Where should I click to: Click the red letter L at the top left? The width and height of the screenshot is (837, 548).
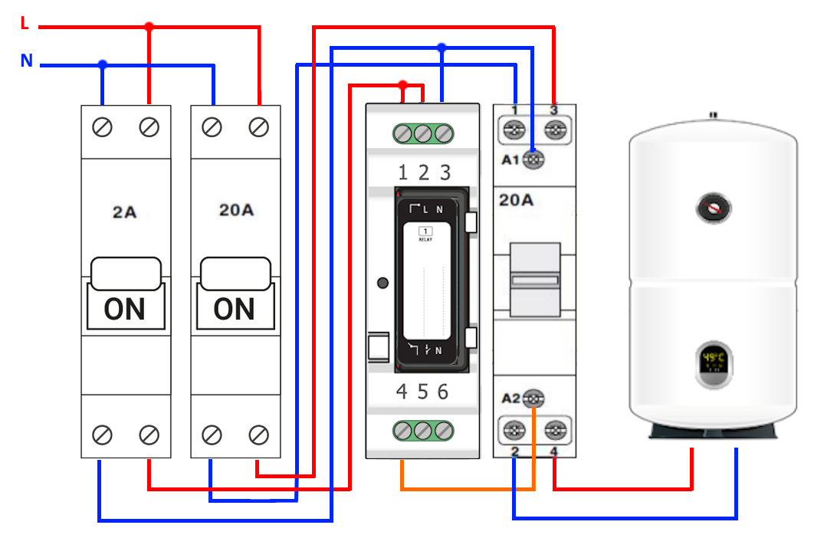(x=25, y=24)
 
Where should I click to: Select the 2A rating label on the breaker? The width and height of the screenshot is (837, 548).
(x=125, y=212)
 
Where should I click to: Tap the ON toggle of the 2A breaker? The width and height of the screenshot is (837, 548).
(x=125, y=308)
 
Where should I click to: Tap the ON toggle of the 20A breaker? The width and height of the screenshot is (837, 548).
(x=235, y=308)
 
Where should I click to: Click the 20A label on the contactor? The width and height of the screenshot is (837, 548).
(x=516, y=201)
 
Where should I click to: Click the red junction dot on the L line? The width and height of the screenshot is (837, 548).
(x=149, y=27)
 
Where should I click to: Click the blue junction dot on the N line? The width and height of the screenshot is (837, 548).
(x=103, y=65)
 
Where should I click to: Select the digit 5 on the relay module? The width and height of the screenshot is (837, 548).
(x=422, y=392)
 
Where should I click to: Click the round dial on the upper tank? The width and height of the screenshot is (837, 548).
(x=714, y=208)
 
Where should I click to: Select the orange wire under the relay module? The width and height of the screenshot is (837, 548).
(x=460, y=487)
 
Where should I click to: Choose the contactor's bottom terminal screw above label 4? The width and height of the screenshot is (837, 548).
(x=555, y=429)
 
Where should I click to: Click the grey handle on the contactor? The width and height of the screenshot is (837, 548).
(x=535, y=279)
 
